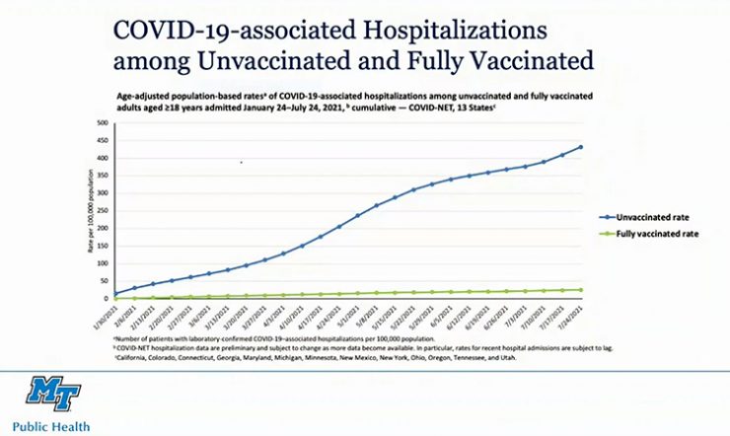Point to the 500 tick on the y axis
click(102, 123)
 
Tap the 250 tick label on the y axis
click(102, 210)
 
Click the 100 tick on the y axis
click(102, 262)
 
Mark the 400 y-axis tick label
click(102, 158)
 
